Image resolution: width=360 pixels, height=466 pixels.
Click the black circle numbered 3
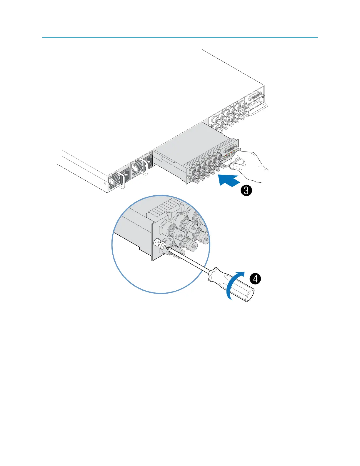(246, 191)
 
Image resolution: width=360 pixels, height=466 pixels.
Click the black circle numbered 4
(255, 278)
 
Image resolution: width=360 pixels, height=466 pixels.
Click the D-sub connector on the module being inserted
(231, 150)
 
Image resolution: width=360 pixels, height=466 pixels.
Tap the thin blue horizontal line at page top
(180, 37)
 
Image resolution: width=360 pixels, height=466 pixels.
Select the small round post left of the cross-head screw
(157, 242)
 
